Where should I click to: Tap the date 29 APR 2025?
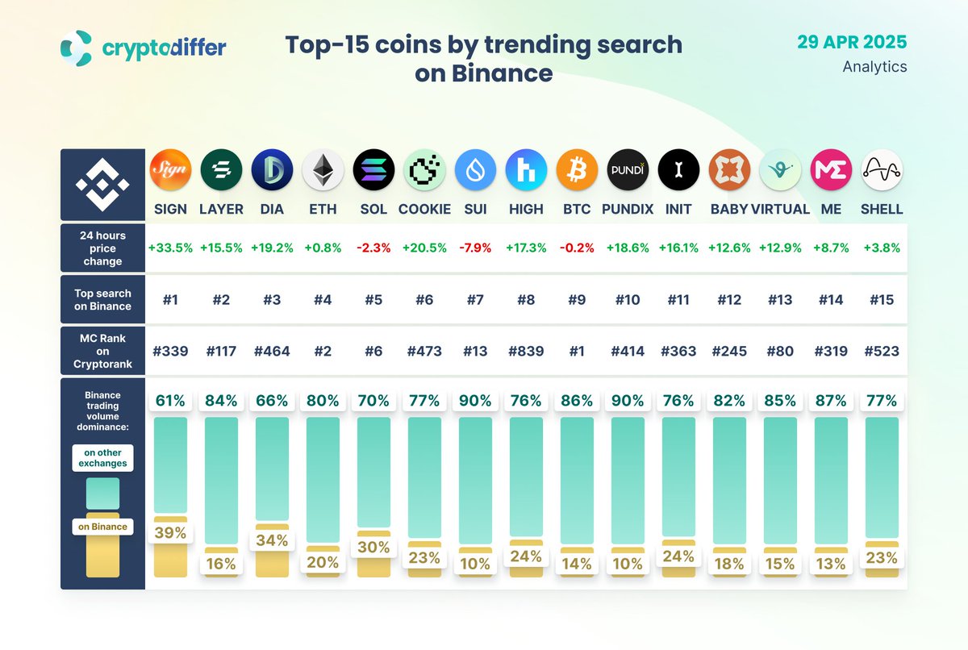tap(852, 41)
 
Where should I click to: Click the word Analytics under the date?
tap(874, 67)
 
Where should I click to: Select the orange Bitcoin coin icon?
tap(577, 170)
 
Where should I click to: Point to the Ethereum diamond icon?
tap(323, 170)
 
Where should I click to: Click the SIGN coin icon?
tap(170, 170)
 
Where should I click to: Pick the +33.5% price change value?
tap(170, 248)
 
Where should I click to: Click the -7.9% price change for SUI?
tap(475, 248)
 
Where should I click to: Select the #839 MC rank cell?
tap(526, 352)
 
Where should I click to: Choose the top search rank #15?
tap(882, 300)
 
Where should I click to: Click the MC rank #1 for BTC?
tap(577, 352)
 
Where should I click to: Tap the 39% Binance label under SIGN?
tap(170, 533)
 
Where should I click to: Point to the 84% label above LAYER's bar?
tap(221, 401)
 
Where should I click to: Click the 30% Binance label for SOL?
tap(373, 547)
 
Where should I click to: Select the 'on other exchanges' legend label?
tap(102, 457)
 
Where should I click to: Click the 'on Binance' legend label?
tap(102, 527)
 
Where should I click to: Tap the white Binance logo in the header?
tap(102, 185)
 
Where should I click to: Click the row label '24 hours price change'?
tap(102, 248)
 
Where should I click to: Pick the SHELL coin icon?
tap(882, 170)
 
